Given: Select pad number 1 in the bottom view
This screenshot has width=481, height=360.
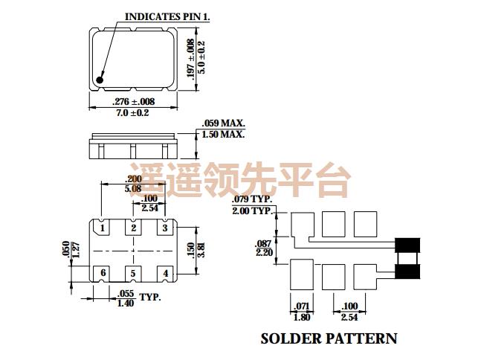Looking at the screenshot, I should [103, 228].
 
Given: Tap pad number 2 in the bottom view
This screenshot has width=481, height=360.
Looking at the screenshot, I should [134, 228].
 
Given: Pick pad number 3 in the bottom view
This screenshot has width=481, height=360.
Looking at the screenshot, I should [165, 228].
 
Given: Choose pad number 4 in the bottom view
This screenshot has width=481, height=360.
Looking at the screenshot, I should [165, 274].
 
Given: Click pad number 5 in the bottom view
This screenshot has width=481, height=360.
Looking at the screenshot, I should [134, 274].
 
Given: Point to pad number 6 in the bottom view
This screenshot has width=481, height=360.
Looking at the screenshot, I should [103, 274].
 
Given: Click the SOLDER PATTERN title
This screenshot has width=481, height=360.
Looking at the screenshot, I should [329, 338].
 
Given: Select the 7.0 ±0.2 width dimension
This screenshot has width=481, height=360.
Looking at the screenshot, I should [133, 112].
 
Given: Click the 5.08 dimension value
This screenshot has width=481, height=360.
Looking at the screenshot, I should [134, 189].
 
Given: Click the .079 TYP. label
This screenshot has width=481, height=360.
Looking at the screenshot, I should [253, 200].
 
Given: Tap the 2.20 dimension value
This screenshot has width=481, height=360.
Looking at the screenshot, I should [262, 253].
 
